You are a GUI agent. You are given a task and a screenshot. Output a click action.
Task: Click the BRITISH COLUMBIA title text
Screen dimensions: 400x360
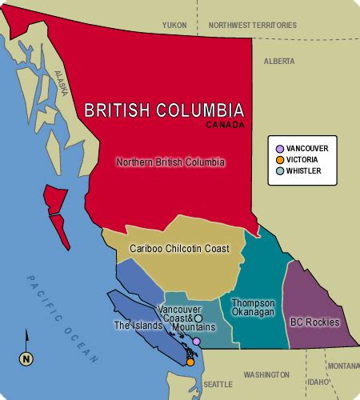coord(164,110)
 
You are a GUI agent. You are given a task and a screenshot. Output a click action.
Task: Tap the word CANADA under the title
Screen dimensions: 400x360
coord(225,125)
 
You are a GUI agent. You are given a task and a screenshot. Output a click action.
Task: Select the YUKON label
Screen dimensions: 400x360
coord(174,26)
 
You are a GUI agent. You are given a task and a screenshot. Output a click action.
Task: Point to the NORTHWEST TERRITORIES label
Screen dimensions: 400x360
coord(252,26)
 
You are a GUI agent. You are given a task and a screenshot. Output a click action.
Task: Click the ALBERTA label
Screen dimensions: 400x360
coord(279,61)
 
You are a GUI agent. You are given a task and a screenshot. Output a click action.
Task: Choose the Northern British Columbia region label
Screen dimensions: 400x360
coord(170,162)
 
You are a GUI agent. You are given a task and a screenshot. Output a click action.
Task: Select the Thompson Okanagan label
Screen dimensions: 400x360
coord(253,307)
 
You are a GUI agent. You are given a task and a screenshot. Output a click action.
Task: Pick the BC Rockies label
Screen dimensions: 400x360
coord(314,322)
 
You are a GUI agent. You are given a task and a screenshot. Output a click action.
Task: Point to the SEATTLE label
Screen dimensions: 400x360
coord(217,384)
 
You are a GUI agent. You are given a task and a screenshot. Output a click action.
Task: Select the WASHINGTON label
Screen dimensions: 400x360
coord(266,374)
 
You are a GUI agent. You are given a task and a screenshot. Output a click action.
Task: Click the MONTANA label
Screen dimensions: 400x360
coord(342,366)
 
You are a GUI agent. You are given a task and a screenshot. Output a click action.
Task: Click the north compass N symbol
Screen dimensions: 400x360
coord(26,358)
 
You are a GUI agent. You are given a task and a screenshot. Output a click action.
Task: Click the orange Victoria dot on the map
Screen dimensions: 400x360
coord(190,362)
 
